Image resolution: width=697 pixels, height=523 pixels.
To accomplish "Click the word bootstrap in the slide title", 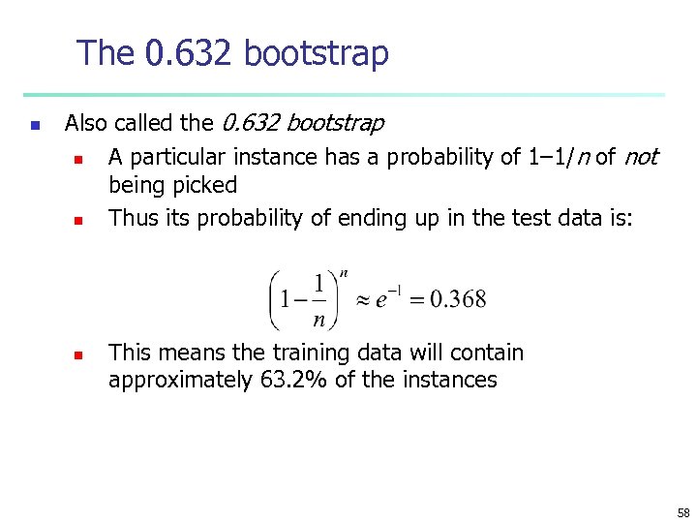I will pyautogui.click(x=317, y=53).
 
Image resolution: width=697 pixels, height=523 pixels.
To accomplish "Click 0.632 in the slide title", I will pyautogui.click(x=188, y=53).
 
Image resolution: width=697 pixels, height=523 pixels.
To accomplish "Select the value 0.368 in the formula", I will pyautogui.click(x=456, y=299).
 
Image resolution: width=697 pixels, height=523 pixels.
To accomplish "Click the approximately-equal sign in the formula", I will pyautogui.click(x=358, y=300).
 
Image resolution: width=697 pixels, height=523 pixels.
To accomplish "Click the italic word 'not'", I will pyautogui.click(x=640, y=157).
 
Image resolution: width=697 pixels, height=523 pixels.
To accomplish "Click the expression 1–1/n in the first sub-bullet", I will pyautogui.click(x=558, y=157).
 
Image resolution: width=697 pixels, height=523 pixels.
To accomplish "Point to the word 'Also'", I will pyautogui.click(x=86, y=123).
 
